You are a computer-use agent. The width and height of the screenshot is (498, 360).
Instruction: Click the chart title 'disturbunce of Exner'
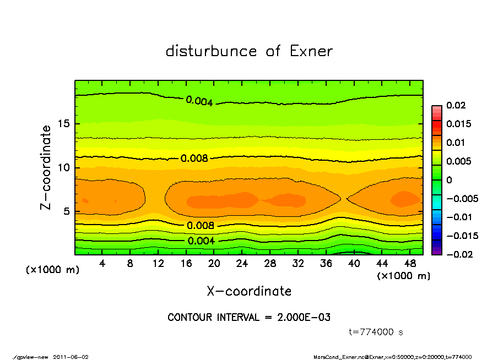[249, 51]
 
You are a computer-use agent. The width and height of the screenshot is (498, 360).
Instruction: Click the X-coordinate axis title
[249, 291]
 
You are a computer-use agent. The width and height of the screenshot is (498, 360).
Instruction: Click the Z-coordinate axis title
[46, 167]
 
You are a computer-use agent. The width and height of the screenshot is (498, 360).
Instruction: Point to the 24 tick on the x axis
[242, 263]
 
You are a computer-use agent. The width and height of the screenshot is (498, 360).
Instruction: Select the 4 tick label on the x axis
[102, 263]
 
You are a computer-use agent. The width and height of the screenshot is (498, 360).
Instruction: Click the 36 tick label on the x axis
[326, 263]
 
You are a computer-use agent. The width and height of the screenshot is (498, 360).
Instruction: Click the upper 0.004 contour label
[199, 101]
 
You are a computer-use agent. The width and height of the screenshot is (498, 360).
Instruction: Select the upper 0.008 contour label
[194, 159]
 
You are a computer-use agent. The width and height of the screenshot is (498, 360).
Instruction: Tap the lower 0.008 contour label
[201, 225]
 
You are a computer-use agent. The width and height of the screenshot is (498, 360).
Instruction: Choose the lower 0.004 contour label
[201, 241]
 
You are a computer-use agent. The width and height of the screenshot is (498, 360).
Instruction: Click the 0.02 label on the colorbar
[457, 105]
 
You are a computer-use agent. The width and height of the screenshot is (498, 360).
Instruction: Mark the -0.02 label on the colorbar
[458, 254]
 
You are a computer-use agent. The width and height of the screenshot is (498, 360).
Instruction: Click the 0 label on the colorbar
[450, 180]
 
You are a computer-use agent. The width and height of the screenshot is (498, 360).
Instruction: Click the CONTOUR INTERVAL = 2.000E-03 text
[249, 318]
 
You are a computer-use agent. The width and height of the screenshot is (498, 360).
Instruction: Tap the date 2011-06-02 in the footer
[71, 357]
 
